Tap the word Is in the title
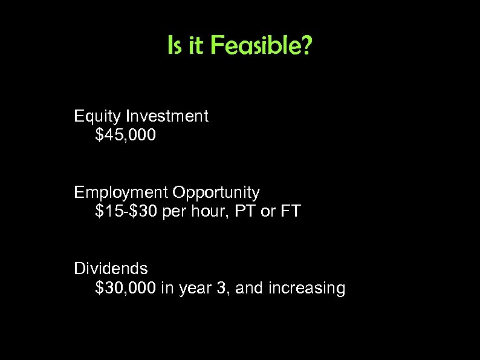tap(175, 46)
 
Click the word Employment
tap(121, 193)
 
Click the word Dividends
tap(111, 268)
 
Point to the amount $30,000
tap(126, 289)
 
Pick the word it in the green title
tap(196, 46)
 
